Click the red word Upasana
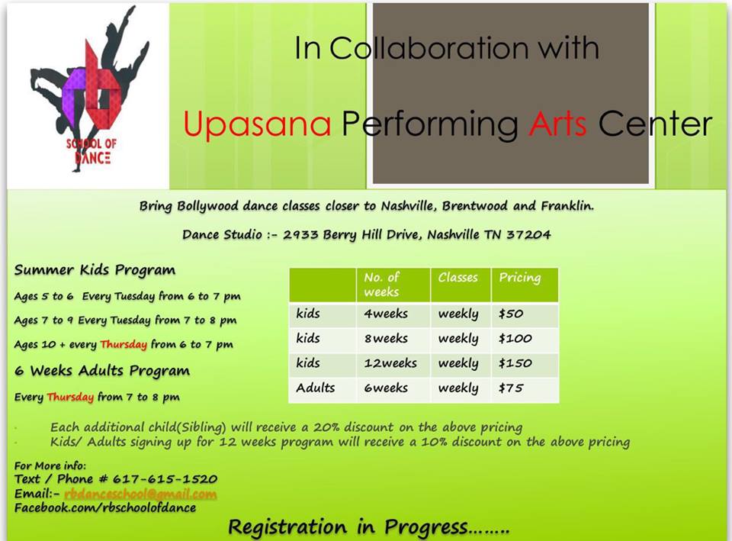pyautogui.click(x=257, y=124)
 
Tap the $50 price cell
pyautogui.click(x=512, y=314)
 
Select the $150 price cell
pyautogui.click(x=515, y=363)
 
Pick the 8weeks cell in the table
pyautogui.click(x=386, y=339)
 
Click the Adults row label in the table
pyautogui.click(x=316, y=388)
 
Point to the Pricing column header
pyautogui.click(x=520, y=278)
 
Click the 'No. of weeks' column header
pyautogui.click(x=382, y=284)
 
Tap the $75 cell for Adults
pyautogui.click(x=512, y=388)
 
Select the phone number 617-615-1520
pyautogui.click(x=165, y=479)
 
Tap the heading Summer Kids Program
pyautogui.click(x=95, y=270)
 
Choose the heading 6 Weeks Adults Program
pyautogui.click(x=102, y=372)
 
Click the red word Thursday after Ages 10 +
pyautogui.click(x=124, y=345)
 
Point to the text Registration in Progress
pyautogui.click(x=368, y=527)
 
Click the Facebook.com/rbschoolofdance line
pyautogui.click(x=105, y=507)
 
